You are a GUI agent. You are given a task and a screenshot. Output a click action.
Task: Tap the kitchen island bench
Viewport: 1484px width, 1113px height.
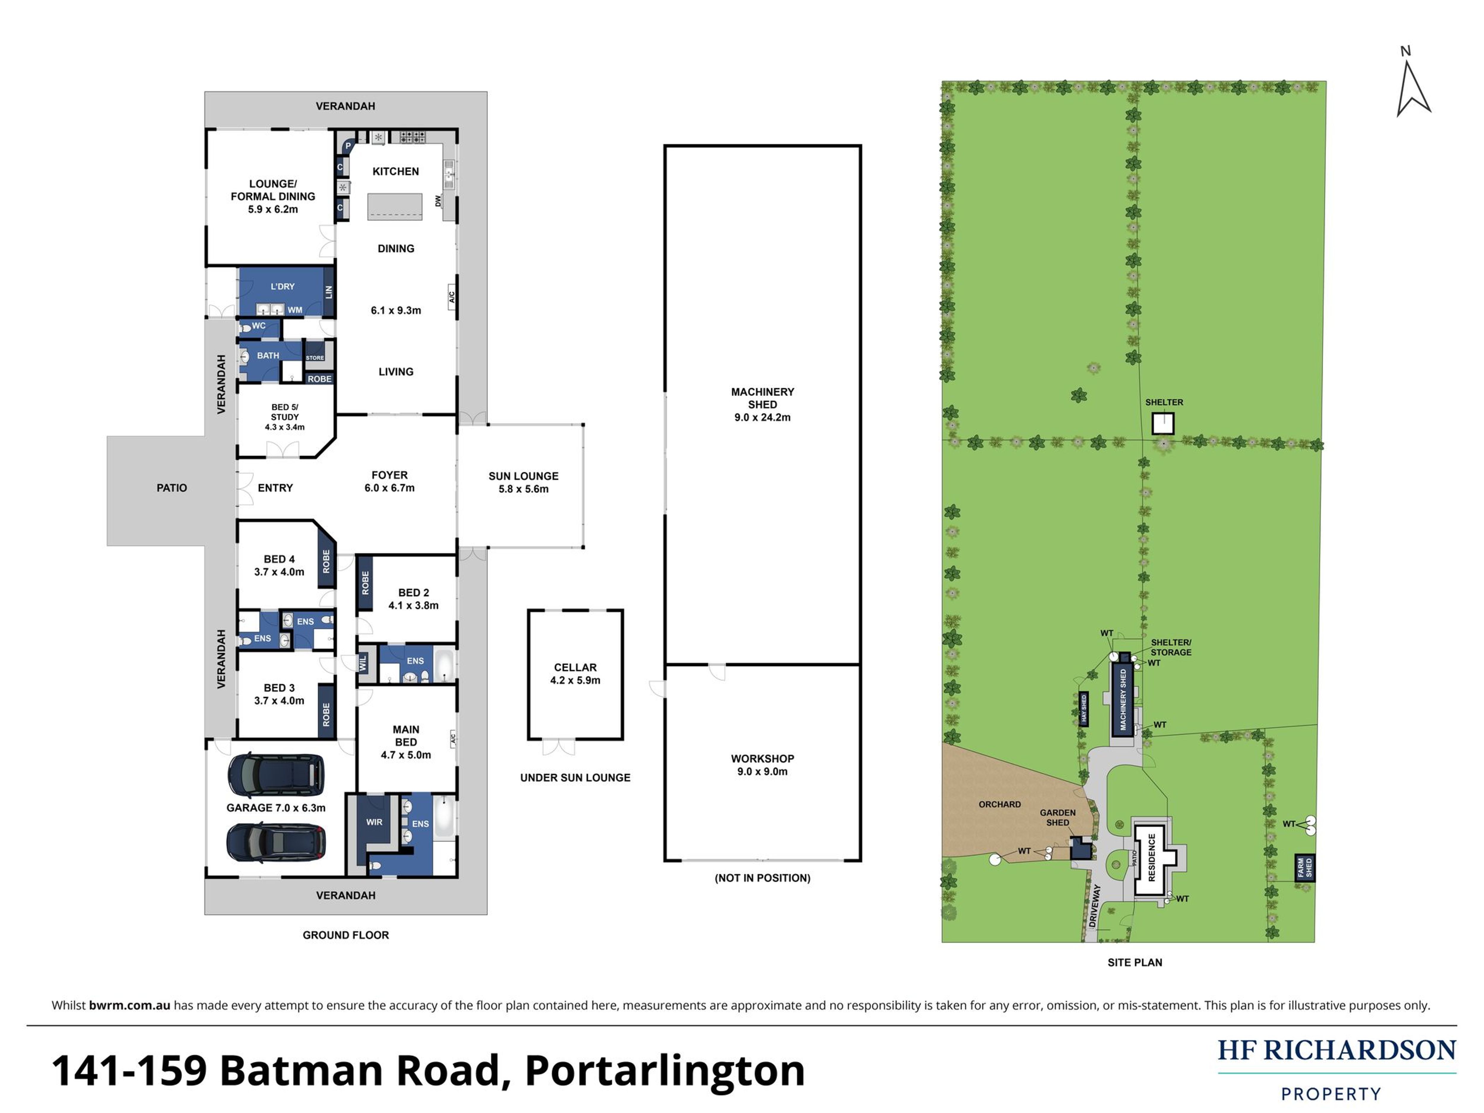(x=395, y=207)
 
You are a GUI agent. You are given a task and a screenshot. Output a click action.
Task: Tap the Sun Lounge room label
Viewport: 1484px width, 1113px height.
(x=523, y=482)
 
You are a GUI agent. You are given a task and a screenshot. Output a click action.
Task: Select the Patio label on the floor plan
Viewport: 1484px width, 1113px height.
(x=172, y=488)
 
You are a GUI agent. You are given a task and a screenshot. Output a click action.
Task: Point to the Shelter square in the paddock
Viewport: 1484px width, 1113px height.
(x=1163, y=423)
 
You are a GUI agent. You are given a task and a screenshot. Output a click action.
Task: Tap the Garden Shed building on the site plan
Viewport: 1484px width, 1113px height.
(x=1079, y=849)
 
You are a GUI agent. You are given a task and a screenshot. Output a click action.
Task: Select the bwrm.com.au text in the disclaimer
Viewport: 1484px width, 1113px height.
(x=129, y=1005)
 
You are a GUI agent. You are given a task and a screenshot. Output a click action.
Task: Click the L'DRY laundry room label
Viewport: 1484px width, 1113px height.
(x=282, y=286)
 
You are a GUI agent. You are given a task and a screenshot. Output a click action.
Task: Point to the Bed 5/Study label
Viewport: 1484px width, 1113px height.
(x=284, y=417)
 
